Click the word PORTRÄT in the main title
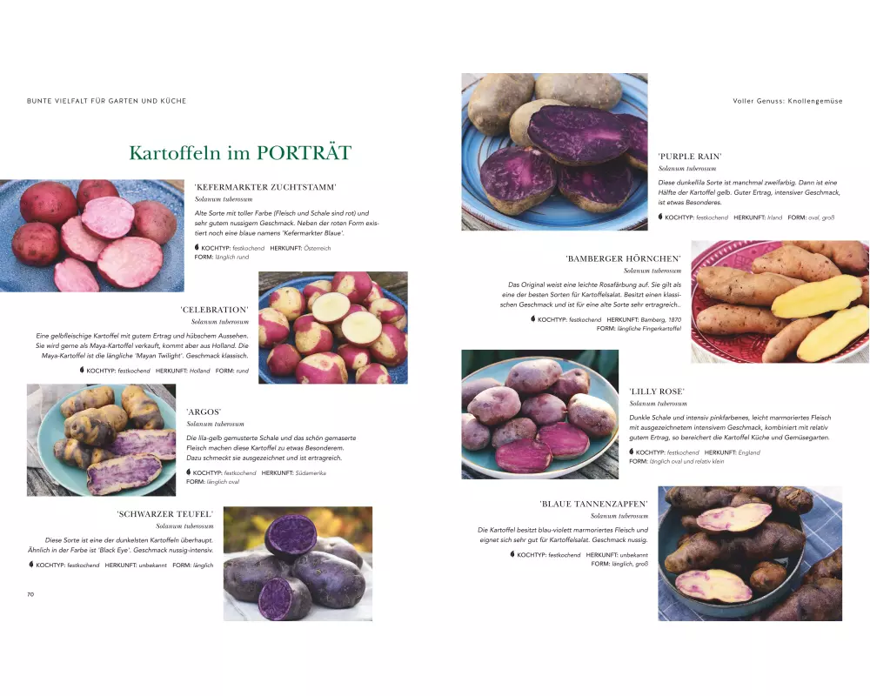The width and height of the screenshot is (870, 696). [304, 152]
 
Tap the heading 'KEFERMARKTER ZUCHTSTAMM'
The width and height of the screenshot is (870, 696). [265, 187]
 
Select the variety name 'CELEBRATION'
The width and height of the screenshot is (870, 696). [215, 310]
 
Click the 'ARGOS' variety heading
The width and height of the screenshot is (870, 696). [204, 412]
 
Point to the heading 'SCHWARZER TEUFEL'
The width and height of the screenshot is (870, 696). [165, 514]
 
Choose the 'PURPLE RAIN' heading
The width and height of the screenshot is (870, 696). [690, 157]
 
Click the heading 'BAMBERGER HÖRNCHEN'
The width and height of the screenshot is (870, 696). [624, 258]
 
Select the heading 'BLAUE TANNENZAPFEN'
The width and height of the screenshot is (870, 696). [593, 504]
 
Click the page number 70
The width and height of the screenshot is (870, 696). [30, 594]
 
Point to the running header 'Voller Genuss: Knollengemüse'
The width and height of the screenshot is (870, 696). [787, 101]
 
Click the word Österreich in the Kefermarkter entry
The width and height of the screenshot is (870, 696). [318, 248]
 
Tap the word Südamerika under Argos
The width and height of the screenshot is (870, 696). [311, 473]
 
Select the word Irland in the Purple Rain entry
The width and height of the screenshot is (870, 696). [774, 217]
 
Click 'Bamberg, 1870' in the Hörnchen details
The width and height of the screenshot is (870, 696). [661, 319]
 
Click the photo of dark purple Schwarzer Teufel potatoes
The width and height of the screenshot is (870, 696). [298, 564]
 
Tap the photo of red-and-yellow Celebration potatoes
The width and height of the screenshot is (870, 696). [333, 327]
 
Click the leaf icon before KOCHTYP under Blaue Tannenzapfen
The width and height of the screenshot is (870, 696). [512, 554]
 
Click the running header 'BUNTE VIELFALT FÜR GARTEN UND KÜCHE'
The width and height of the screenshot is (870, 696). [106, 101]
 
